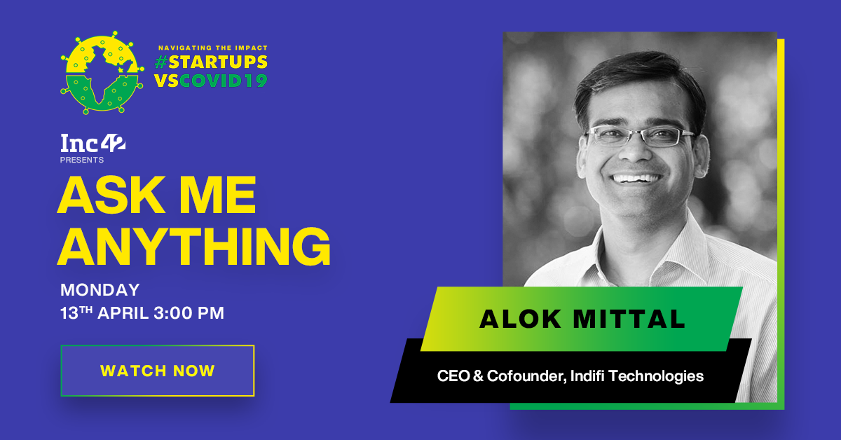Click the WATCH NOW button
[157, 371]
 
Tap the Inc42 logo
[93, 145]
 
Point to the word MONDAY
[100, 289]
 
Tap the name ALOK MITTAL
[582, 320]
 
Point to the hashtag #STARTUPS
[211, 62]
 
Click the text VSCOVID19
[211, 81]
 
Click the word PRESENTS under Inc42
[82, 160]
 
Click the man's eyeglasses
[639, 135]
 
